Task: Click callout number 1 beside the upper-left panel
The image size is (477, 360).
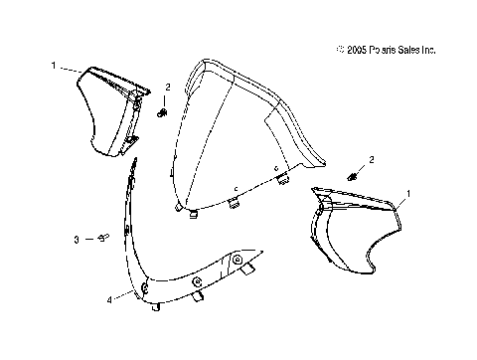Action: (x=52, y=66)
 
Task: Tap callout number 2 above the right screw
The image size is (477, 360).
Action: (x=372, y=159)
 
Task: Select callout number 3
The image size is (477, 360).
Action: (x=76, y=240)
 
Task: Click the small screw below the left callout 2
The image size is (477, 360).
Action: (x=162, y=113)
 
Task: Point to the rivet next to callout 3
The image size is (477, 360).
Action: (x=102, y=239)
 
